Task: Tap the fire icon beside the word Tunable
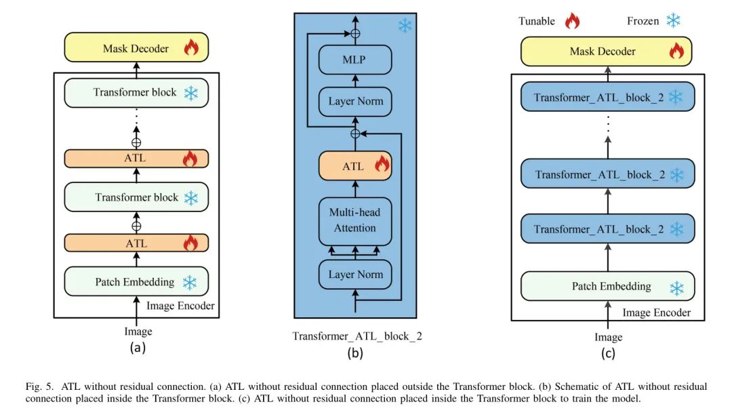pyautogui.click(x=573, y=21)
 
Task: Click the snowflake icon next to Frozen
pyautogui.click(x=673, y=21)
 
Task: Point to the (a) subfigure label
pyautogui.click(x=138, y=348)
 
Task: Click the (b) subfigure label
pyautogui.click(x=354, y=353)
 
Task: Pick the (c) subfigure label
pyautogui.click(x=608, y=353)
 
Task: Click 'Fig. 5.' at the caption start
pyautogui.click(x=39, y=386)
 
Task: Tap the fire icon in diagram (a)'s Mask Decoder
pyautogui.click(x=191, y=47)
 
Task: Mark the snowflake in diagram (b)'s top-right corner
pyautogui.click(x=405, y=26)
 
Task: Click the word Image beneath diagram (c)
pyautogui.click(x=608, y=337)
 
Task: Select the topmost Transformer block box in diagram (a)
pyautogui.click(x=136, y=93)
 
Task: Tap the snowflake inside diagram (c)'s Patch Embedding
pyautogui.click(x=676, y=288)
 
